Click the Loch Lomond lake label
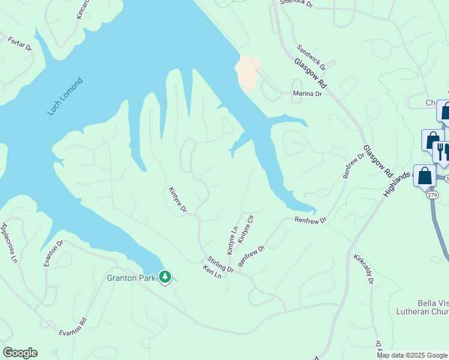point(65,97)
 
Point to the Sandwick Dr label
point(311,56)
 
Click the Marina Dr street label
point(307,94)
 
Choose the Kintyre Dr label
point(178,200)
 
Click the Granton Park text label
point(131,278)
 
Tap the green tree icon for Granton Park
point(165,277)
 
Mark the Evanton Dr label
point(53,253)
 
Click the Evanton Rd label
point(73,327)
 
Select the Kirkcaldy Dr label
point(364,268)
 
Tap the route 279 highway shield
point(432,195)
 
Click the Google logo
point(20,353)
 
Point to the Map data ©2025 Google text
point(412,355)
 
